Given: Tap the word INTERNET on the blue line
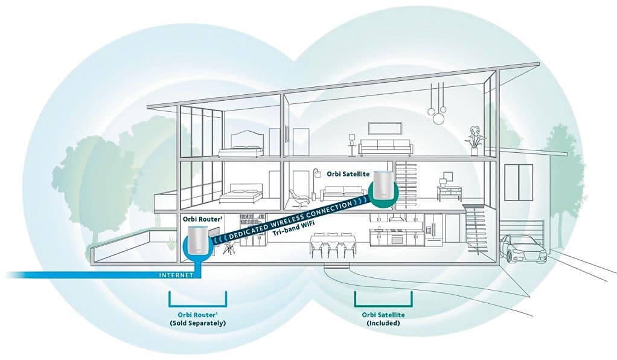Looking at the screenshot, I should point(176,275).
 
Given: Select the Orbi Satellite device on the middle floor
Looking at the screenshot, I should point(383,186).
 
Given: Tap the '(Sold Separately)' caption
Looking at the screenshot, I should point(198,323).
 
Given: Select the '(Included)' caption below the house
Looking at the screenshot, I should point(383,323).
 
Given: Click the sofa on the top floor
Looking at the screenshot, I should point(385,147).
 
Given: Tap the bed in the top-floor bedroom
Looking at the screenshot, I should point(240,146).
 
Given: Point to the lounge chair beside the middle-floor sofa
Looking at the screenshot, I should point(298,197).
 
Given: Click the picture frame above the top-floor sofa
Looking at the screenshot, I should point(382,127).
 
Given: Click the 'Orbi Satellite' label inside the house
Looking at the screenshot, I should point(348,173).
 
